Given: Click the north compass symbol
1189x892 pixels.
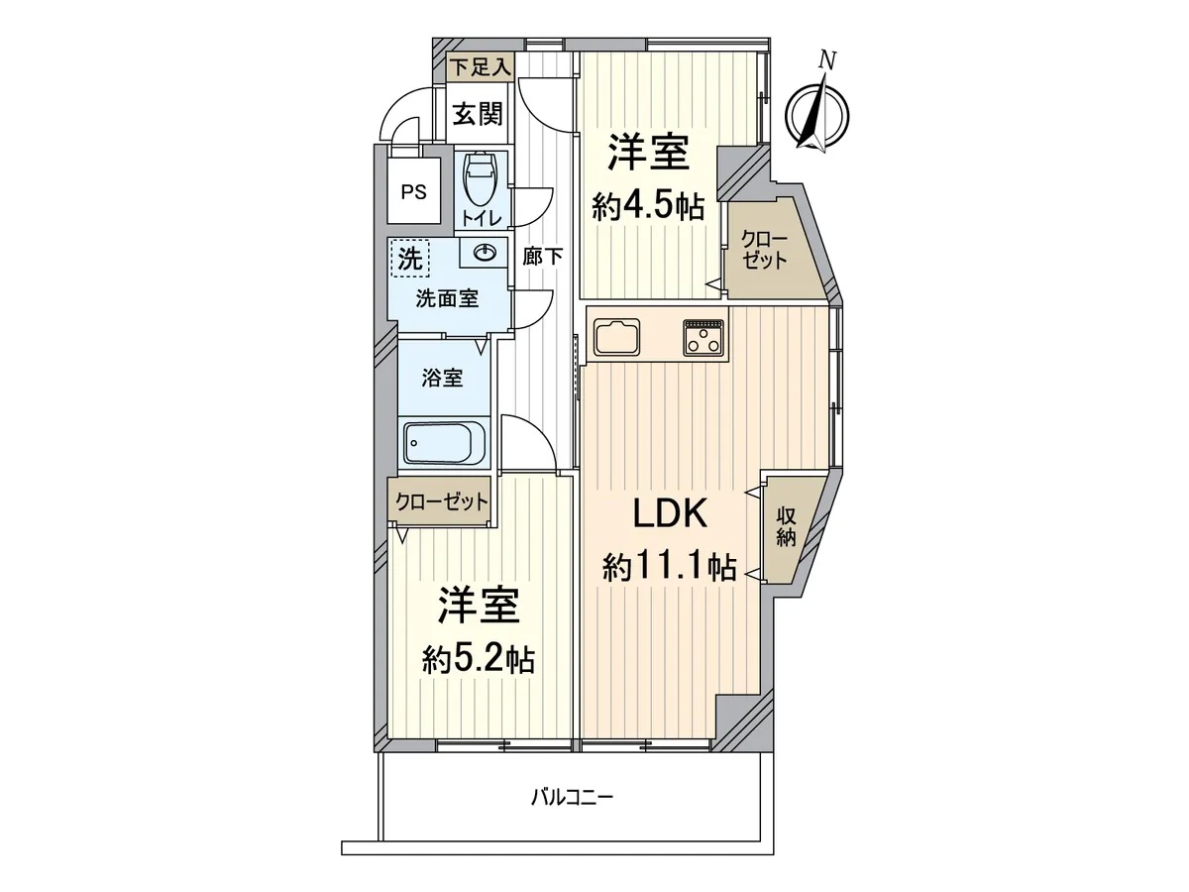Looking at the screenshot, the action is tap(818, 113).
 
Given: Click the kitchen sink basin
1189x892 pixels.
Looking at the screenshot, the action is tap(616, 337).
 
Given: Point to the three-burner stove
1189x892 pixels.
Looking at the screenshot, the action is tap(704, 337).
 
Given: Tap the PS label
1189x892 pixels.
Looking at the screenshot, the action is tap(413, 193).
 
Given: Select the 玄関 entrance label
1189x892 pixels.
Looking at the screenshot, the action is tap(478, 114).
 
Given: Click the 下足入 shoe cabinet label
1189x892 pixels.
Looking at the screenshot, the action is tap(481, 68).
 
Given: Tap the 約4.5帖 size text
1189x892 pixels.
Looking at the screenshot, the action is tap(648, 206).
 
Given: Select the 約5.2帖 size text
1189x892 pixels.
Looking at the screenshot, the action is tap(479, 661).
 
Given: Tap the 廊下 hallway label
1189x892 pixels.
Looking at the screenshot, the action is tap(542, 256).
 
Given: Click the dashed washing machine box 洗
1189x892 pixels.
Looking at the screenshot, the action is tap(410, 259).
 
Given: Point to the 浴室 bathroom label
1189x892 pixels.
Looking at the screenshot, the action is tap(442, 378).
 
